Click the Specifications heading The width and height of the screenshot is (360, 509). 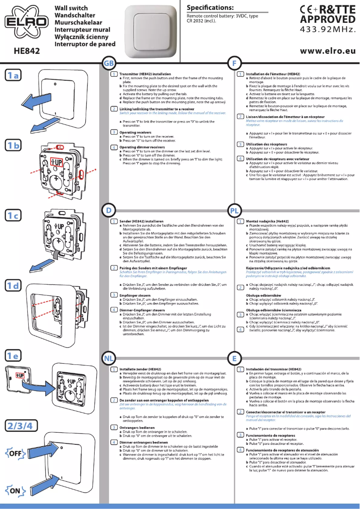click(210, 8)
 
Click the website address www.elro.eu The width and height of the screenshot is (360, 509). click(331, 52)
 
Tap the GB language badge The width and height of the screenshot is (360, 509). click(109, 63)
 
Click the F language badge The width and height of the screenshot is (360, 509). click(234, 63)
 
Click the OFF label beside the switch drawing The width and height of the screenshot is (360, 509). click(15, 453)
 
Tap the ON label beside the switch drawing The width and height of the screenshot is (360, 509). click(15, 491)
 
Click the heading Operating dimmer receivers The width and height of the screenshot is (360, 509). click(142, 147)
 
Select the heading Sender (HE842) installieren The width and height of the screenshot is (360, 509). click(141, 221)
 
